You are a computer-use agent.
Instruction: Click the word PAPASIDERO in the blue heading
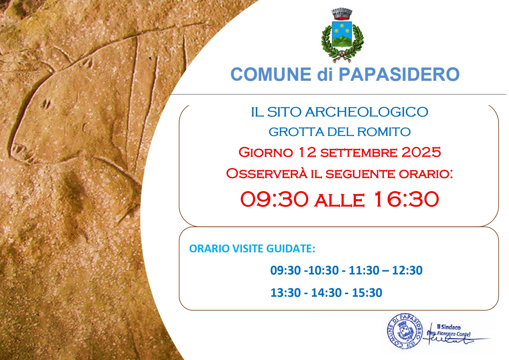click(399, 74)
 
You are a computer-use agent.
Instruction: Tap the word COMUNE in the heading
click(271, 74)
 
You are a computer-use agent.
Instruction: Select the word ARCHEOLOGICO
click(367, 112)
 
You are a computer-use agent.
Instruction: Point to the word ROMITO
click(384, 132)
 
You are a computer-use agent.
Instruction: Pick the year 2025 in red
click(421, 152)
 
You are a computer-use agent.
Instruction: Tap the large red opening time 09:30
click(274, 199)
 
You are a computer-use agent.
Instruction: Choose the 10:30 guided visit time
click(323, 270)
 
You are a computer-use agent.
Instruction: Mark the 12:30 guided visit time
click(407, 270)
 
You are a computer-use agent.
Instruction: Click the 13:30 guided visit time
click(286, 293)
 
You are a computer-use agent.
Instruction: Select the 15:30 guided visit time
click(367, 293)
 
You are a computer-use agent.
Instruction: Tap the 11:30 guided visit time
click(364, 270)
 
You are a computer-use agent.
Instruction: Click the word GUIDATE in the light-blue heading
click(291, 249)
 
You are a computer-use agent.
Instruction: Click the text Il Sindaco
click(449, 327)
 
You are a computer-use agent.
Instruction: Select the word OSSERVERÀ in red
click(267, 173)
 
